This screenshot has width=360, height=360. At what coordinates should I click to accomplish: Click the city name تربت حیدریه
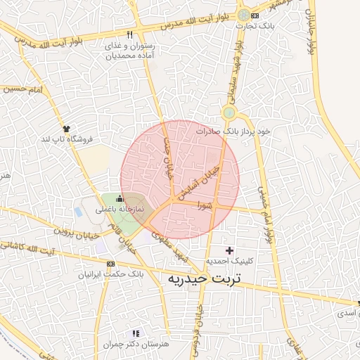[205, 279]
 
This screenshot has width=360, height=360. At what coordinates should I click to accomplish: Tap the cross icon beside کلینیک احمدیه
[229, 250]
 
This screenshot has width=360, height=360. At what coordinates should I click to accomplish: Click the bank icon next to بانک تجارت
[255, 15]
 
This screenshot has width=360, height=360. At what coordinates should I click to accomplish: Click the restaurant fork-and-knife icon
[130, 34]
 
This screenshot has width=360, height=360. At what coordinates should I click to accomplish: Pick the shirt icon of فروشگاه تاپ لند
[67, 129]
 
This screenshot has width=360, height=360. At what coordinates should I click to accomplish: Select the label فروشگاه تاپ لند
[67, 139]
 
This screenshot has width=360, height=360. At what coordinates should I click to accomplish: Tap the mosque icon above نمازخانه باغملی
[119, 199]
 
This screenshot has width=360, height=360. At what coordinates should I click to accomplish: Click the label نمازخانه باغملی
[120, 210]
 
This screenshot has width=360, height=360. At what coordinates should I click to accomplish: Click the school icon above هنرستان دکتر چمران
[136, 333]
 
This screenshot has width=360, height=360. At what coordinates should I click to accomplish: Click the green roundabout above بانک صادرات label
[229, 112]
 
